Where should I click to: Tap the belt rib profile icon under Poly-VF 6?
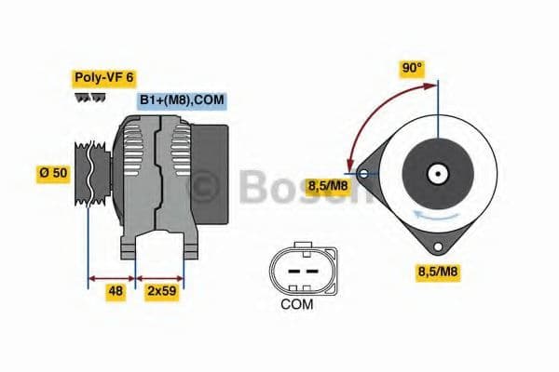point(88,97)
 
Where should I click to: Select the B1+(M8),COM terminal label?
point(182,100)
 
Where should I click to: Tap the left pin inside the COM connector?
point(292,271)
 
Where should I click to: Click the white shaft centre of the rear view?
point(436,173)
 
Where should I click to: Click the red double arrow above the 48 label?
point(111,276)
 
